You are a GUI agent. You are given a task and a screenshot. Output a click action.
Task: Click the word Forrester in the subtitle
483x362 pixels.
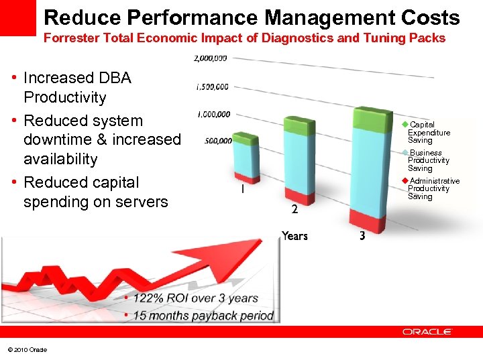[x=72, y=38]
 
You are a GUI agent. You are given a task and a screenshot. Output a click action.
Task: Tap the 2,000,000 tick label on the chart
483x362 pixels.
[x=210, y=58]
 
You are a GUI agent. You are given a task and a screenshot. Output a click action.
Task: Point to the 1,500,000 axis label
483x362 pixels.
[x=212, y=86]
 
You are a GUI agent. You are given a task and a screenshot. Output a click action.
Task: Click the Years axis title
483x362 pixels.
[x=294, y=236]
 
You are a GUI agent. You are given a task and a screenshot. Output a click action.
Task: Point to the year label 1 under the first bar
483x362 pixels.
[x=241, y=190]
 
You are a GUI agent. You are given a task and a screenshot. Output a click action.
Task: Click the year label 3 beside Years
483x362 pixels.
[x=362, y=236]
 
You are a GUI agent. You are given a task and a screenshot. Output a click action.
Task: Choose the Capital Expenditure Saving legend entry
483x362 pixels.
[x=428, y=133]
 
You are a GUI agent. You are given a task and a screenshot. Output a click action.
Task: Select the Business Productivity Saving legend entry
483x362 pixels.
[x=428, y=161]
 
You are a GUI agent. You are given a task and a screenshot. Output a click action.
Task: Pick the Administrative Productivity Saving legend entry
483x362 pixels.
[x=433, y=189]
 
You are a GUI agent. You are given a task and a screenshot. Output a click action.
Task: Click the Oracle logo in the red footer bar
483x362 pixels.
[x=427, y=331]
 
